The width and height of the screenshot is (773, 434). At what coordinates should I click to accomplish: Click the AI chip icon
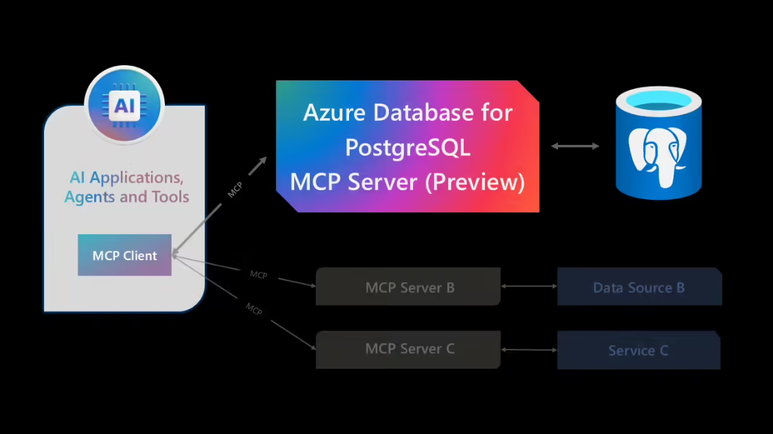[124, 104]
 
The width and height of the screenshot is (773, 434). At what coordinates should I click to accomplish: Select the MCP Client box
[124, 255]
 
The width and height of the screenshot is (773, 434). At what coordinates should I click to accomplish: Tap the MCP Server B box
[408, 287]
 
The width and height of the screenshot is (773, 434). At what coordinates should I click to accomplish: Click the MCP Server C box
[408, 349]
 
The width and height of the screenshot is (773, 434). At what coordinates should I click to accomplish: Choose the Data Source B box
[638, 287]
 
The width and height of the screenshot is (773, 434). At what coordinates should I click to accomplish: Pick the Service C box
[638, 351]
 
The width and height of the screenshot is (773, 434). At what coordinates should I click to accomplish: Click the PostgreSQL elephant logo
[658, 155]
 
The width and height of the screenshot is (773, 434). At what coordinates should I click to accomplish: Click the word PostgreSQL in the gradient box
[407, 147]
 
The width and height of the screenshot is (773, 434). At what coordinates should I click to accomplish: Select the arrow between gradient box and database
[575, 146]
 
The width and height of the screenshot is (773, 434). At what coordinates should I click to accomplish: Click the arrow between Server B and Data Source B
[529, 286]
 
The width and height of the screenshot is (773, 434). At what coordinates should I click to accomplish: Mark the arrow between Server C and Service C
[529, 350]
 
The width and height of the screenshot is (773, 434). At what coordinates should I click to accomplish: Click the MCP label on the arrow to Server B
[258, 275]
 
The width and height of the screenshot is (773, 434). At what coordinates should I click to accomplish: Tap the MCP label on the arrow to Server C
[254, 309]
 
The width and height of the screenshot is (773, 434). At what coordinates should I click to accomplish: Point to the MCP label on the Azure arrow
[235, 190]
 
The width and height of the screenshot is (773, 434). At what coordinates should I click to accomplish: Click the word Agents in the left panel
[89, 198]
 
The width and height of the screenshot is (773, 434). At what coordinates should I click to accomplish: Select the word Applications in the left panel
[136, 178]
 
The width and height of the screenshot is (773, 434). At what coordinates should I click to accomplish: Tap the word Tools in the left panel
[168, 197]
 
